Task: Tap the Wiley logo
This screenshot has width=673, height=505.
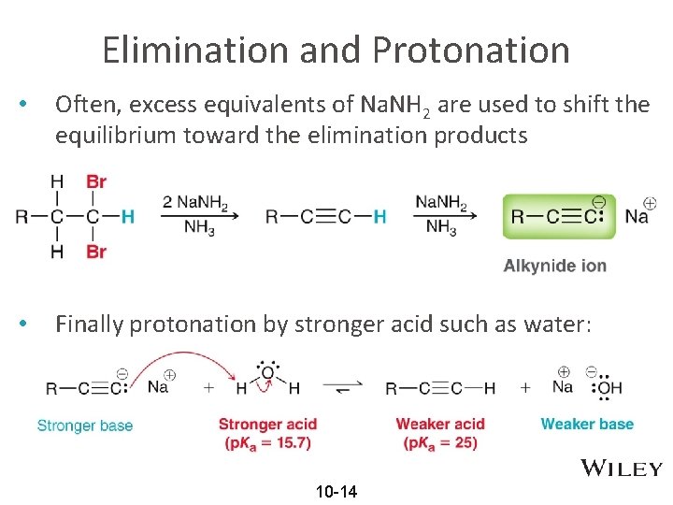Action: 622,469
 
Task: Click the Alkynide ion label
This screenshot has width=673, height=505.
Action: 555,266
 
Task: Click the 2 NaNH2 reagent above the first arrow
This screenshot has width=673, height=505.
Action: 195,201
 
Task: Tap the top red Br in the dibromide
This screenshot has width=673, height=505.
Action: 95,181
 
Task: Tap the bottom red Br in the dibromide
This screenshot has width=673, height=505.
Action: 95,252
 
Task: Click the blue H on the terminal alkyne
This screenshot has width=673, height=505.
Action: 379,217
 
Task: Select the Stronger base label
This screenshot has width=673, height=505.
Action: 85,426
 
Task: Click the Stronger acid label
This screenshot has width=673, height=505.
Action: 267,424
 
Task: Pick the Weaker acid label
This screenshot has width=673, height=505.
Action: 440,424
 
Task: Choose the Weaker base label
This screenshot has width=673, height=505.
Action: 587,424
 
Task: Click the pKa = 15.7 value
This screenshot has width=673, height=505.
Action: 267,442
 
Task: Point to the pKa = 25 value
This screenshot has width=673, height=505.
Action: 440,442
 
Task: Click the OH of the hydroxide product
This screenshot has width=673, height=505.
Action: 609,387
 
